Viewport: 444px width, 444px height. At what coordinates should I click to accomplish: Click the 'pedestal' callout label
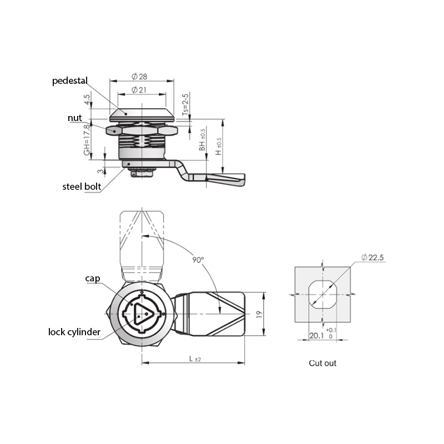click(70, 81)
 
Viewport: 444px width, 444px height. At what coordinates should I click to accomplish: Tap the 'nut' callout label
click(75, 118)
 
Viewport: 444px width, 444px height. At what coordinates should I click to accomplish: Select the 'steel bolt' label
click(82, 186)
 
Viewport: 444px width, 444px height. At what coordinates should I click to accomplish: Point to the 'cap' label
click(93, 279)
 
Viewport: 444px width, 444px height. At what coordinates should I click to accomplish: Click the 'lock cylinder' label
click(74, 332)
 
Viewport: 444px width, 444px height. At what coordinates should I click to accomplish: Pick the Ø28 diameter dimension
click(139, 77)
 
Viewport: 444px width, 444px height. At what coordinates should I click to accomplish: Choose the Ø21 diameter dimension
click(139, 90)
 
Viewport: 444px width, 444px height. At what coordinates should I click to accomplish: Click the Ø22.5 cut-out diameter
click(372, 258)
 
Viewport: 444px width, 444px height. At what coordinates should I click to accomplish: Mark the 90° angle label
click(198, 260)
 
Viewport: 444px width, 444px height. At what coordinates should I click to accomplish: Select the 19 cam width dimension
click(259, 314)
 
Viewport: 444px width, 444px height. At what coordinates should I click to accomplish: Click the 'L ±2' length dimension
click(195, 359)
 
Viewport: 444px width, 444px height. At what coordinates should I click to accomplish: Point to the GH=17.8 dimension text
click(87, 140)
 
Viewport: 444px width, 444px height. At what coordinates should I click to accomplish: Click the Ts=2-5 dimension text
click(185, 104)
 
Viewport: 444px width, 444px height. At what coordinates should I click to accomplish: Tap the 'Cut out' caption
click(322, 363)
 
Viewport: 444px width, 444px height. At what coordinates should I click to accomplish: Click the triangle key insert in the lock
click(143, 314)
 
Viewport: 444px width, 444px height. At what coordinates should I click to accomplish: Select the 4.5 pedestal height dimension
click(87, 99)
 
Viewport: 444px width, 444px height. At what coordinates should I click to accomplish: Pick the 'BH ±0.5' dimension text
click(202, 140)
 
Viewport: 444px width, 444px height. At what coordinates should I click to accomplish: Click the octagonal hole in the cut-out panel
click(322, 295)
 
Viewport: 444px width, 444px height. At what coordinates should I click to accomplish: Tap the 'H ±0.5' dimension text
click(218, 147)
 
